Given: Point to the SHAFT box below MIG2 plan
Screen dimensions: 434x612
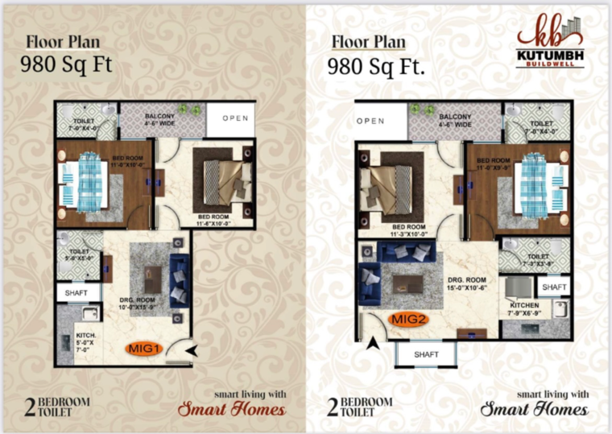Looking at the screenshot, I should (x=425, y=354).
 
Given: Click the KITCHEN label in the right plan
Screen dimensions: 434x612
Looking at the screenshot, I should (x=523, y=306).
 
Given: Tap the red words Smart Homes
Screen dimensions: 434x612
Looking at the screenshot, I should (x=231, y=409).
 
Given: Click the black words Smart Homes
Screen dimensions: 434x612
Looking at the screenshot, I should (x=534, y=409).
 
